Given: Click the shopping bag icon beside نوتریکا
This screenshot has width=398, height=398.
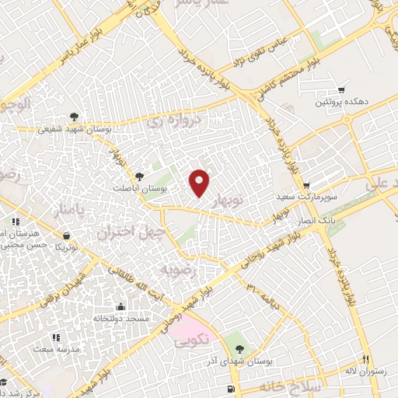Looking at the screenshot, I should click(66, 235).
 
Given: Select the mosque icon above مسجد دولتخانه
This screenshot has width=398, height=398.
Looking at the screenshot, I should click(120, 306).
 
